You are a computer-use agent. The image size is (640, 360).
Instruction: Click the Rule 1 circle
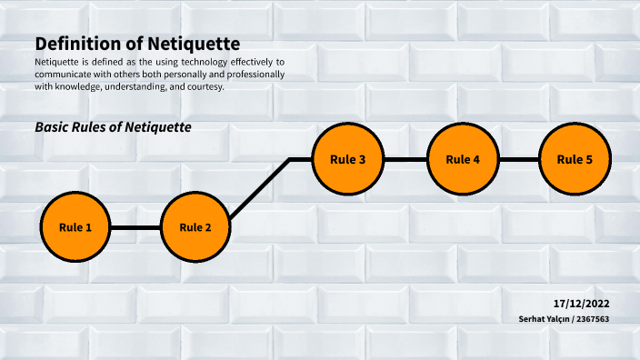pyautogui.click(x=75, y=226)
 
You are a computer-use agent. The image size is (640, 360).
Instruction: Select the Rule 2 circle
pyautogui.click(x=195, y=226)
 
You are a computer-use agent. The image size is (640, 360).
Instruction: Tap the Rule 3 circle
pyautogui.click(x=348, y=159)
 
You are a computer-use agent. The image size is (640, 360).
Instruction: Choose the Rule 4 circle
pyautogui.click(x=463, y=159)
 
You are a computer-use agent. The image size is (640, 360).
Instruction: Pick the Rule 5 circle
pyautogui.click(x=575, y=159)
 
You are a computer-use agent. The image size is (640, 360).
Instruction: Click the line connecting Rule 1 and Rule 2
pyautogui.click(x=135, y=227)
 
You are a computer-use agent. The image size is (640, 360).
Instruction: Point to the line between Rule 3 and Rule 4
pyautogui.click(x=405, y=159)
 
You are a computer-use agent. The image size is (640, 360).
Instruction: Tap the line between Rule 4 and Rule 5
pyautogui.click(x=519, y=159)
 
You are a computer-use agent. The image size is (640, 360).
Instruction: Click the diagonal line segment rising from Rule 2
pyautogui.click(x=259, y=188)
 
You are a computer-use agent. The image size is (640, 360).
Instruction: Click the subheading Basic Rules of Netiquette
pyautogui.click(x=113, y=127)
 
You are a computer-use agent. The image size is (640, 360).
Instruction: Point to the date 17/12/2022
pyautogui.click(x=580, y=302)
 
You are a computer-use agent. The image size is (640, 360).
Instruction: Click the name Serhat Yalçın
pyautogui.click(x=545, y=319)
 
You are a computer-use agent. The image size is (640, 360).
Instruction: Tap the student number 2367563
pyautogui.click(x=593, y=319)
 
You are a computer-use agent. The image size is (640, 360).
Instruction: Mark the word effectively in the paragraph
pyautogui.click(x=254, y=62)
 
